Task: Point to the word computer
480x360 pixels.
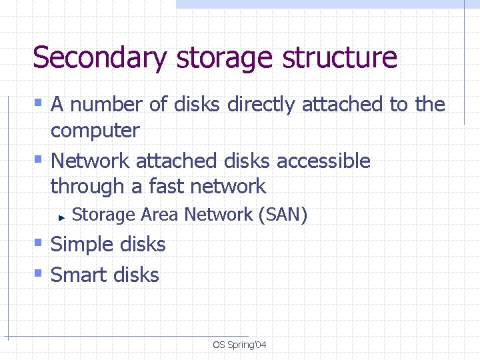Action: [x=95, y=131]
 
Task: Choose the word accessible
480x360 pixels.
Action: [x=323, y=161]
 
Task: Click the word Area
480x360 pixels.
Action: [x=160, y=215]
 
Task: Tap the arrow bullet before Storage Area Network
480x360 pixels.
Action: [x=60, y=217]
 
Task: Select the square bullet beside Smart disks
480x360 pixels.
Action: [x=38, y=273]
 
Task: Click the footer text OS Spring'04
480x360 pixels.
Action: [x=239, y=345]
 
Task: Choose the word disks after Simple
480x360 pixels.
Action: [x=143, y=245]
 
